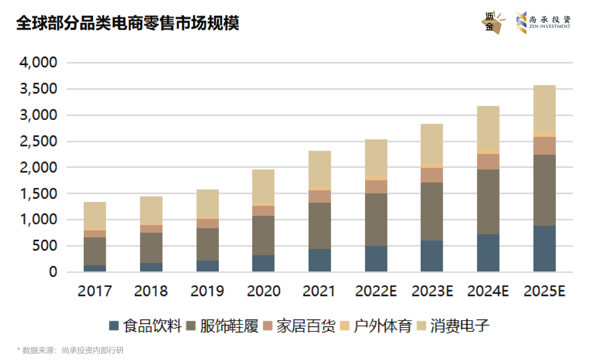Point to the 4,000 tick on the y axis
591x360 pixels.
[38, 63]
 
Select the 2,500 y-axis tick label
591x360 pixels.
[38, 142]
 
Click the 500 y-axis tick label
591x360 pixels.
[46, 246]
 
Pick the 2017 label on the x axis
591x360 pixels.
[95, 291]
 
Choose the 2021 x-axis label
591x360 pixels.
[320, 291]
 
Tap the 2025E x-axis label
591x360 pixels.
[544, 291]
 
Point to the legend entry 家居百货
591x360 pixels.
[298, 327]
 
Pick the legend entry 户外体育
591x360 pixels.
[375, 327]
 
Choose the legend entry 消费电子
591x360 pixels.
[453, 327]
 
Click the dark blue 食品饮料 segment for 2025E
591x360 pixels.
[544, 249]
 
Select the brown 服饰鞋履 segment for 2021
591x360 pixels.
[320, 226]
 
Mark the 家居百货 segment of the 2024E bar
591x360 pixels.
[488, 161]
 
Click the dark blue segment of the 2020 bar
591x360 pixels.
[263, 263]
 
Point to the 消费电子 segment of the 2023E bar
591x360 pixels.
[432, 143]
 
